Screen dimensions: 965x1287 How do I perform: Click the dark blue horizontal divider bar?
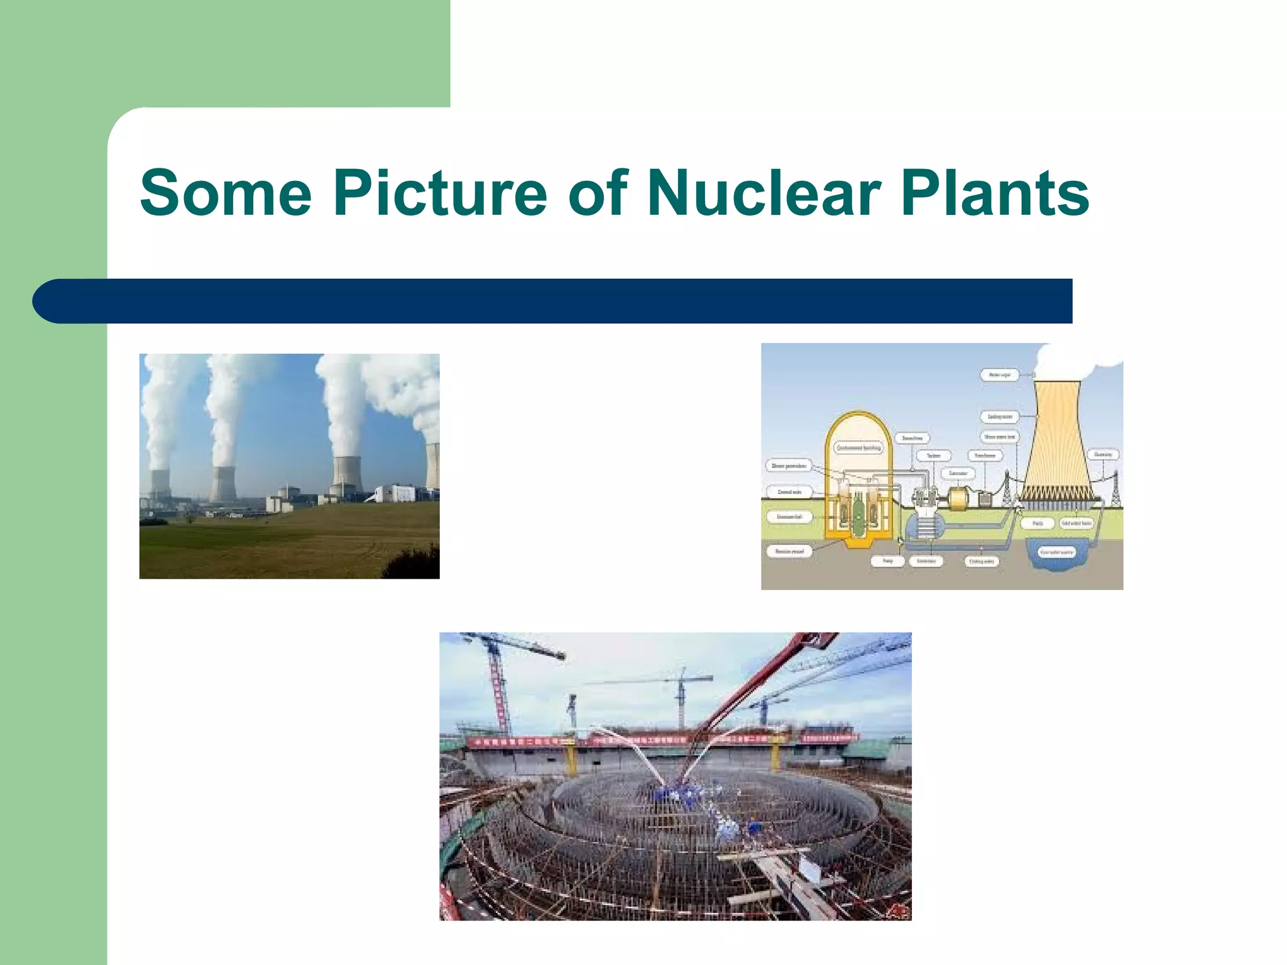click(553, 301)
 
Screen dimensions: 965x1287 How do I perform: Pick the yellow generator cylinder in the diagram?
click(959, 499)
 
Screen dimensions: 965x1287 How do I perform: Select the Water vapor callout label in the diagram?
click(999, 375)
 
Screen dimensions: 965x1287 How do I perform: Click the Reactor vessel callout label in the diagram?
click(789, 551)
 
